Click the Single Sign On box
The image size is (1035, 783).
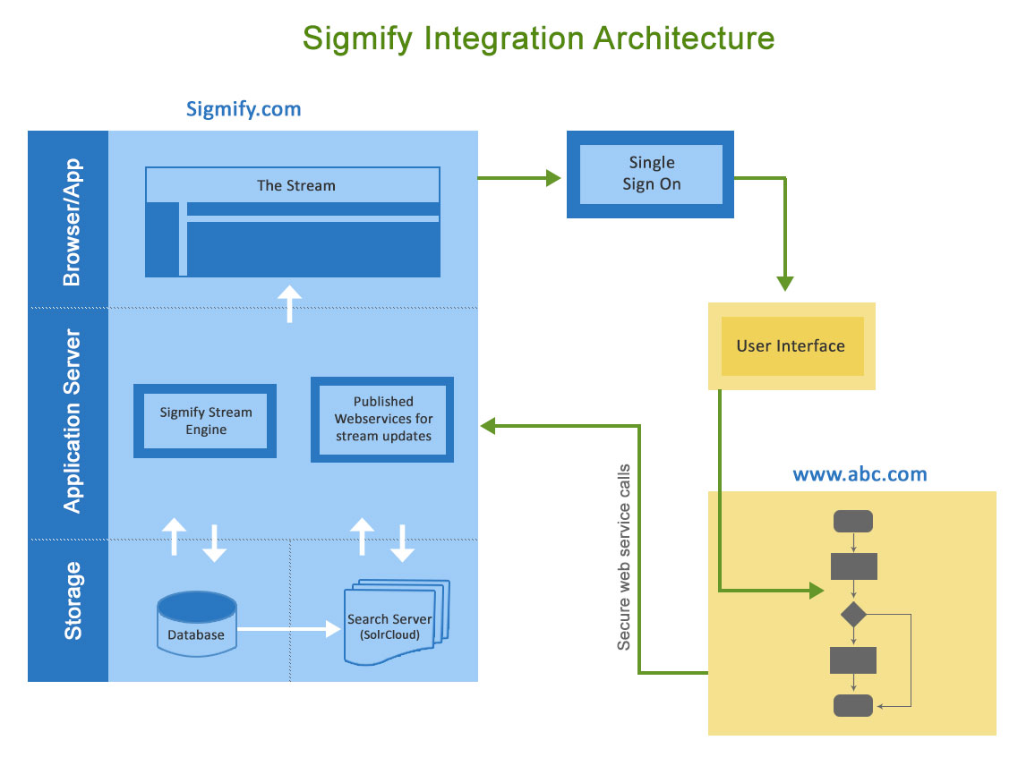pos(650,174)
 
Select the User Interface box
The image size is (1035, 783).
pos(791,346)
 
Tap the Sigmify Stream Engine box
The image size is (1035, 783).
pos(205,421)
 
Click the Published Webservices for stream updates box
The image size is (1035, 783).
pos(382,420)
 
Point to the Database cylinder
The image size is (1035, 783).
pos(197,624)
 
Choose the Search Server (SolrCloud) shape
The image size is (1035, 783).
pos(396,621)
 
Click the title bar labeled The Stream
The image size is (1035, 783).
pos(293,185)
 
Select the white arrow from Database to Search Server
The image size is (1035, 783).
pos(289,629)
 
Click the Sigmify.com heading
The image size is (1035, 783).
pos(244,109)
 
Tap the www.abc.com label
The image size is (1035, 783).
pos(860,474)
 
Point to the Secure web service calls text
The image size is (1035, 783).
pos(624,557)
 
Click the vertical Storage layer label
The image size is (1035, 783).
pos(73,601)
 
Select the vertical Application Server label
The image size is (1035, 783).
pos(72,421)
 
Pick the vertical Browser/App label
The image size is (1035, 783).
pos(72,222)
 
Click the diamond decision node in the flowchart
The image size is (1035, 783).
pos(853,614)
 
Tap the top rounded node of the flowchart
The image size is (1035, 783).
pos(853,521)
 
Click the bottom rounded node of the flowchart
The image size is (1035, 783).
pos(853,705)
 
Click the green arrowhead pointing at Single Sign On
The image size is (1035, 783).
pos(553,177)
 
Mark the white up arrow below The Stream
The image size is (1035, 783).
pos(289,303)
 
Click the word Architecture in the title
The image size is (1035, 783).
pos(684,38)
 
